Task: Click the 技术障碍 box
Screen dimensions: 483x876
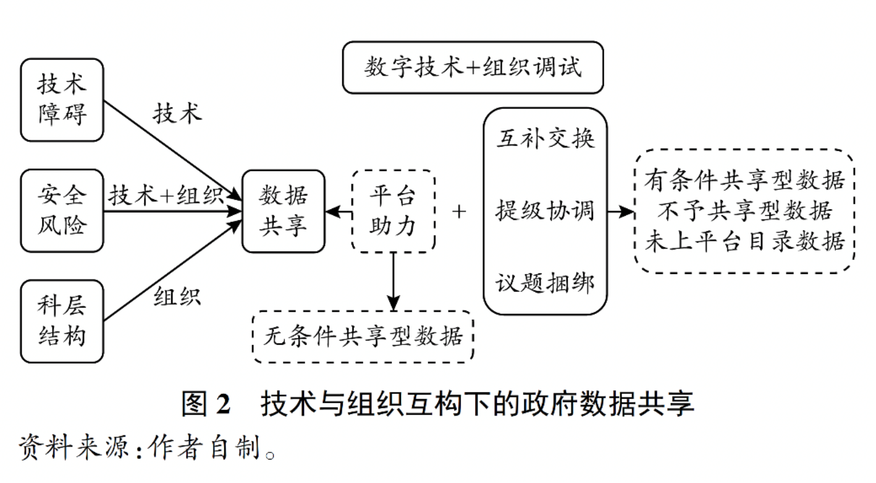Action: (x=62, y=100)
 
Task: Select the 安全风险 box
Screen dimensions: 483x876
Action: (x=62, y=210)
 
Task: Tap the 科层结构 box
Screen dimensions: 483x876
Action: (x=62, y=321)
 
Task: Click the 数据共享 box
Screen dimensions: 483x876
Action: (x=283, y=212)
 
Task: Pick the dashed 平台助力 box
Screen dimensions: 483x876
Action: (x=393, y=212)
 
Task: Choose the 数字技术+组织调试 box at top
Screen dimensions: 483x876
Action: (x=473, y=67)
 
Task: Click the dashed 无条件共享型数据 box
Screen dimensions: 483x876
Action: (x=363, y=338)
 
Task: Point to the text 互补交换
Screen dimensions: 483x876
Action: (x=545, y=139)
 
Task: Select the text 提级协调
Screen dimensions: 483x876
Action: (x=545, y=212)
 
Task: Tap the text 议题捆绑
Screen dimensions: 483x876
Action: (x=545, y=284)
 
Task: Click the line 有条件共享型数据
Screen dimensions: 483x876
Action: (x=744, y=181)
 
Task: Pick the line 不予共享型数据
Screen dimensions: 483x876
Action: (x=744, y=212)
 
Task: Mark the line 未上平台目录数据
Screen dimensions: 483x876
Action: (x=744, y=241)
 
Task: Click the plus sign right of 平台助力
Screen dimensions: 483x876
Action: (x=458, y=212)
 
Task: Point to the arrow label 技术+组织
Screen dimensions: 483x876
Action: (x=166, y=196)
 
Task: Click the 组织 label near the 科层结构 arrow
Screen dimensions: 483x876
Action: (x=177, y=296)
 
